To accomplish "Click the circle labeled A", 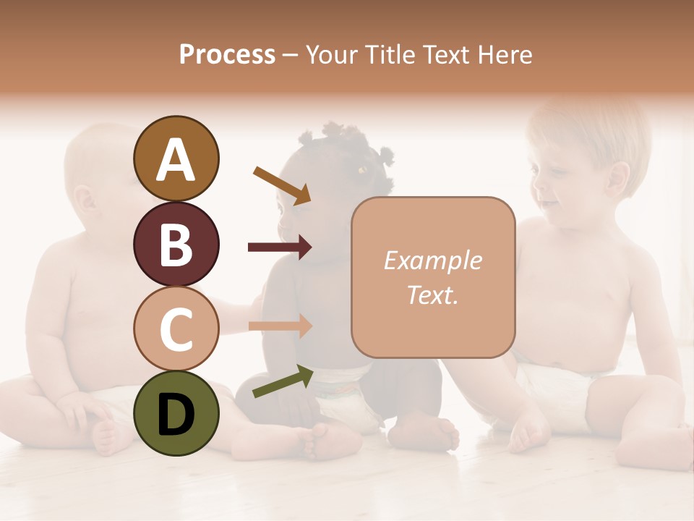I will click(176, 159).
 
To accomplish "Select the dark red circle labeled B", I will click(176, 244).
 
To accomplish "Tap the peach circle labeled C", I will click(176, 329).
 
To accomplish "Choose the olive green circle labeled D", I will click(176, 413).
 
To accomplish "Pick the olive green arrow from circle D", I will click(283, 381).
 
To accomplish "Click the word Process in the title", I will click(227, 54).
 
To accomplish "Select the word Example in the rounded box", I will click(432, 260).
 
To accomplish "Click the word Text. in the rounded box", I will click(432, 295).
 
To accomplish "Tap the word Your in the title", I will click(332, 54).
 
